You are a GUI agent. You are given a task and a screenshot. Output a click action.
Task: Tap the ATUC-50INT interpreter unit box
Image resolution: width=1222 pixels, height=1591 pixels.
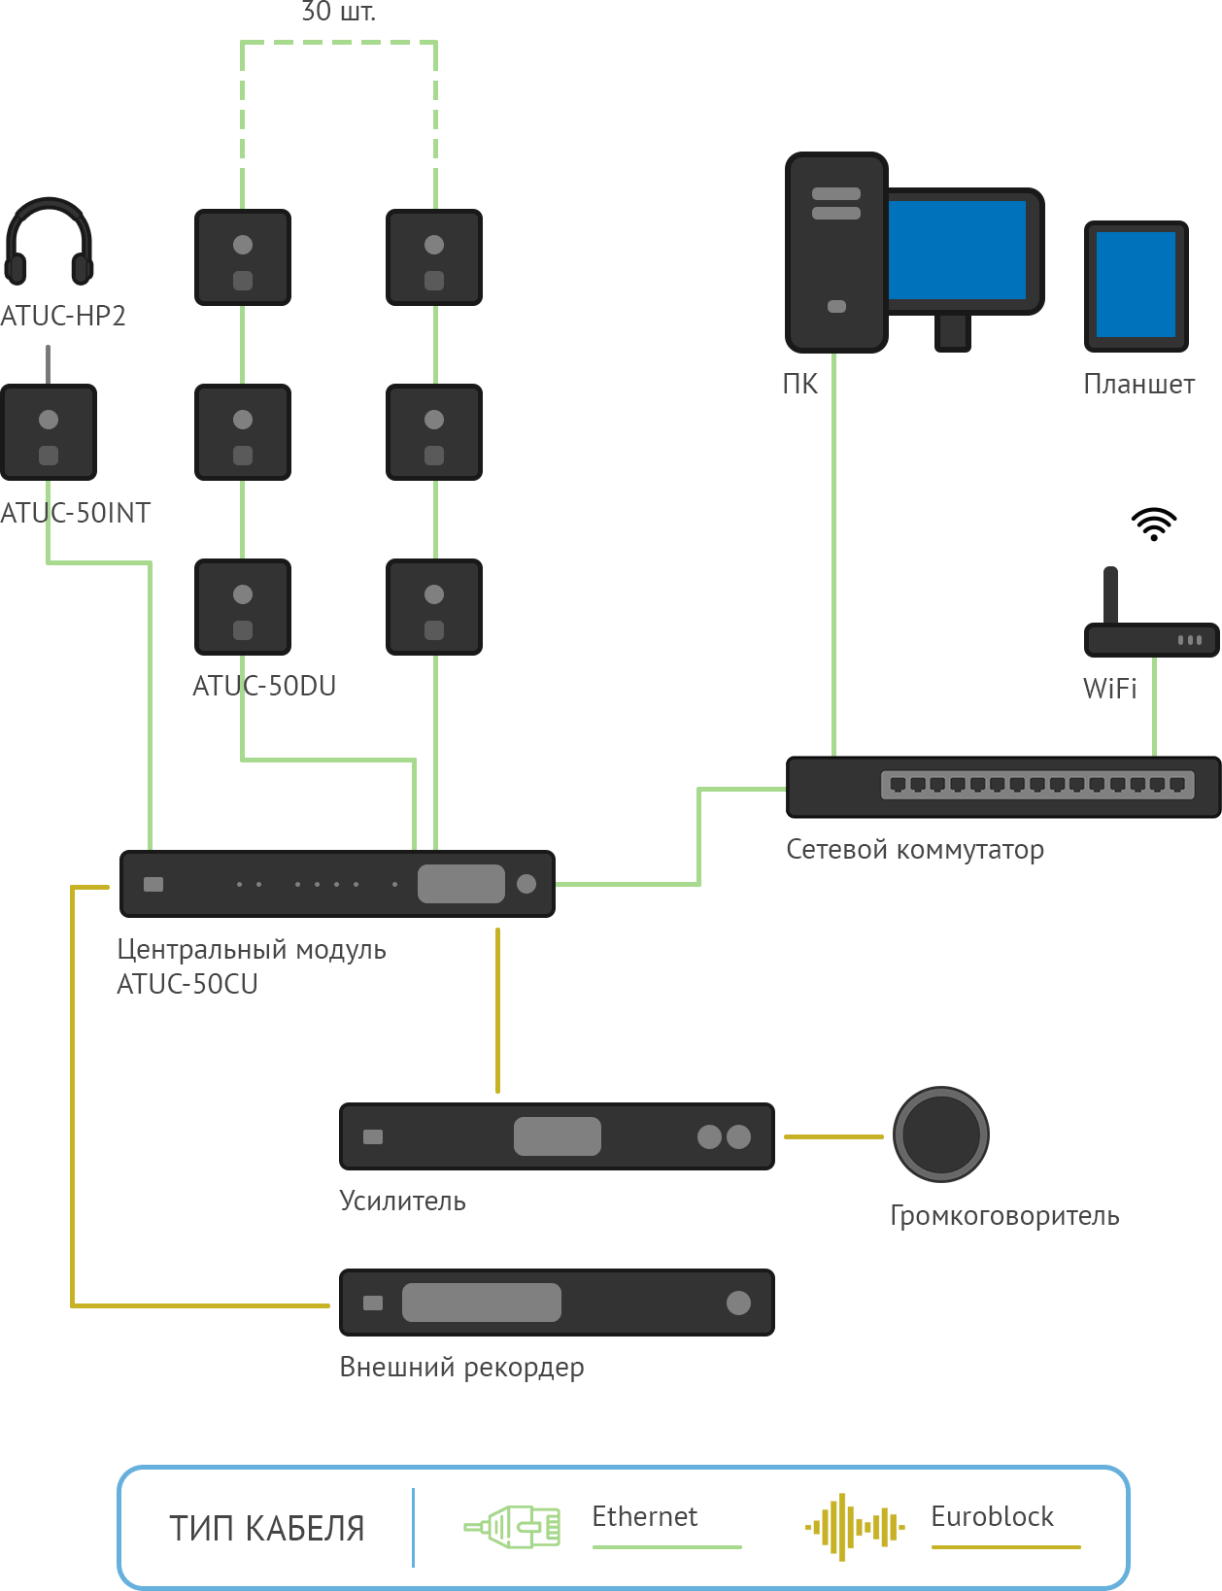(49, 432)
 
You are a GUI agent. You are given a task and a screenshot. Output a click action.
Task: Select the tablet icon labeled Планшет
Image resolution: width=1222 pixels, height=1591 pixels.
(1136, 287)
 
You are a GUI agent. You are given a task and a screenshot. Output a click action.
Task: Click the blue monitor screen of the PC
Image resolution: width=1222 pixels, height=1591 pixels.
(957, 250)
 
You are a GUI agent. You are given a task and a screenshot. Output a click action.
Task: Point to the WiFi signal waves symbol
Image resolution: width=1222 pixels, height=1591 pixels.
(1153, 524)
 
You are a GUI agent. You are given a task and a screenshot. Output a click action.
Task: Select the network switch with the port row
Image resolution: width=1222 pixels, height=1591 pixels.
(1003, 787)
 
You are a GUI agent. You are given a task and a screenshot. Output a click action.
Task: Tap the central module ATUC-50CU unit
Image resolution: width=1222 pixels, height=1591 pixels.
(337, 884)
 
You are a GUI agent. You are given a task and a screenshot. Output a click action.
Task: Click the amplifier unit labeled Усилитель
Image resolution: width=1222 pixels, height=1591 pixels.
(557, 1136)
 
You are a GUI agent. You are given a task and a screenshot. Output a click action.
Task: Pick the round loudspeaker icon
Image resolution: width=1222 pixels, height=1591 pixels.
(941, 1134)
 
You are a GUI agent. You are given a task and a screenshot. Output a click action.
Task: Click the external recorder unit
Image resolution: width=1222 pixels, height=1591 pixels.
(557, 1303)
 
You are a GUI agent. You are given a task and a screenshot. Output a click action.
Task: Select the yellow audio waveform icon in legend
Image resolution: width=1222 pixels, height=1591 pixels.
(855, 1527)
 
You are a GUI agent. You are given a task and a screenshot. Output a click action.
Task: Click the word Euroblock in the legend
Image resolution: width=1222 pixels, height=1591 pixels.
(992, 1516)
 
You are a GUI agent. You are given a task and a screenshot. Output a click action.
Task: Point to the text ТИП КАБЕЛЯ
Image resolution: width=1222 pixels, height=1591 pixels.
(266, 1529)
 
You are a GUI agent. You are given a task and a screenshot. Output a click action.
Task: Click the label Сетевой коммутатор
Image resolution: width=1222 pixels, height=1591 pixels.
(915, 850)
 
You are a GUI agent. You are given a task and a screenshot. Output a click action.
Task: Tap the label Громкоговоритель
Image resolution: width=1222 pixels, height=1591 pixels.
(1004, 1216)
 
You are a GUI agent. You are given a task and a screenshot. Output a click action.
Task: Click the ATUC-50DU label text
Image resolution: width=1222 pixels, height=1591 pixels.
(264, 686)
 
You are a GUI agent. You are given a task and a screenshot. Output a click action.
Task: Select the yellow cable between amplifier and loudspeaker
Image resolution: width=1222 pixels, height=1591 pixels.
(834, 1137)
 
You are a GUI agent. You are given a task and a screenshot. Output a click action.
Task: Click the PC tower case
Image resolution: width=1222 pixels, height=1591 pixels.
(836, 253)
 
